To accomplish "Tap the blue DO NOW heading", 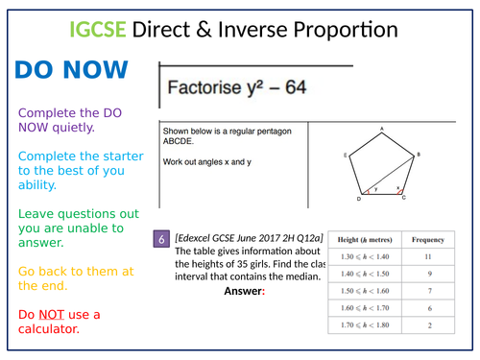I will (71, 72).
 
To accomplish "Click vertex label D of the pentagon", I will (358, 200).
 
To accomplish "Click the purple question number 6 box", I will (162, 239).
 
